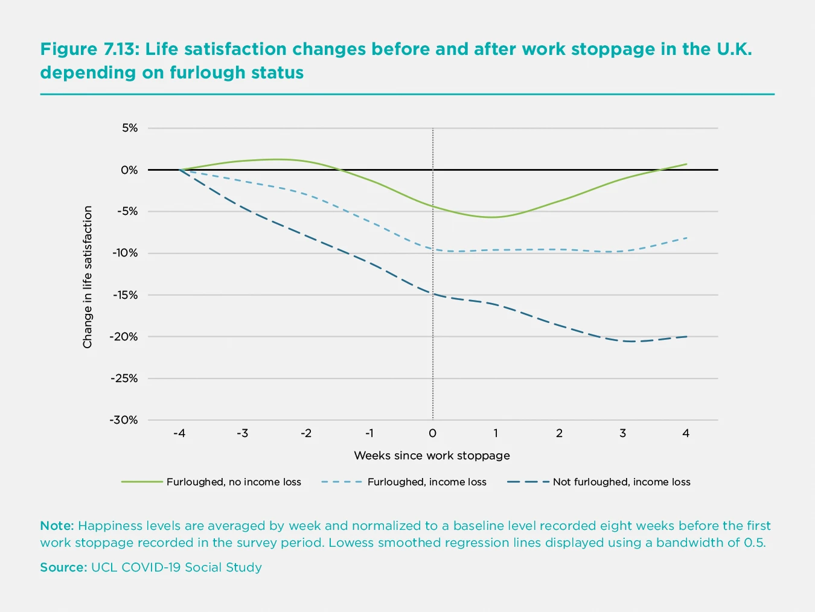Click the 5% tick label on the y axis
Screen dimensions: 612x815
[130, 128]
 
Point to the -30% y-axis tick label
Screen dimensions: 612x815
[124, 420]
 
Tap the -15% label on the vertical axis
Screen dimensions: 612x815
[124, 295]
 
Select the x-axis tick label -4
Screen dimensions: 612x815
[179, 433]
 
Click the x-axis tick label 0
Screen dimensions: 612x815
[432, 433]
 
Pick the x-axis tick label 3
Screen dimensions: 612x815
[622, 433]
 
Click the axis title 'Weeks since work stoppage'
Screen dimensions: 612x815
[432, 456]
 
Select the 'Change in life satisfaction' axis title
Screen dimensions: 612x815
[88, 277]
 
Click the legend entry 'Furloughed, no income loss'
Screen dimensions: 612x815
[234, 482]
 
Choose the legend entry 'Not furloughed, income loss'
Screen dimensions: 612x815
[621, 482]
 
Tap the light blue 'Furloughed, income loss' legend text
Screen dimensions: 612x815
[427, 482]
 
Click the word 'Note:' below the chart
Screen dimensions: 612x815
[57, 526]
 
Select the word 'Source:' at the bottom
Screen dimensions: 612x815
[63, 567]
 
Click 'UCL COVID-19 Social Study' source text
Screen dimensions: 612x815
[176, 567]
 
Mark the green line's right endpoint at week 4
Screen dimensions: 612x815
[686, 164]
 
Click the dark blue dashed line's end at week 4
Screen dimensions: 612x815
[686, 336]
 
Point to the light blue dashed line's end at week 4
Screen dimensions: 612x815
[686, 238]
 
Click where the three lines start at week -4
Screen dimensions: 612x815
[180, 170]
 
